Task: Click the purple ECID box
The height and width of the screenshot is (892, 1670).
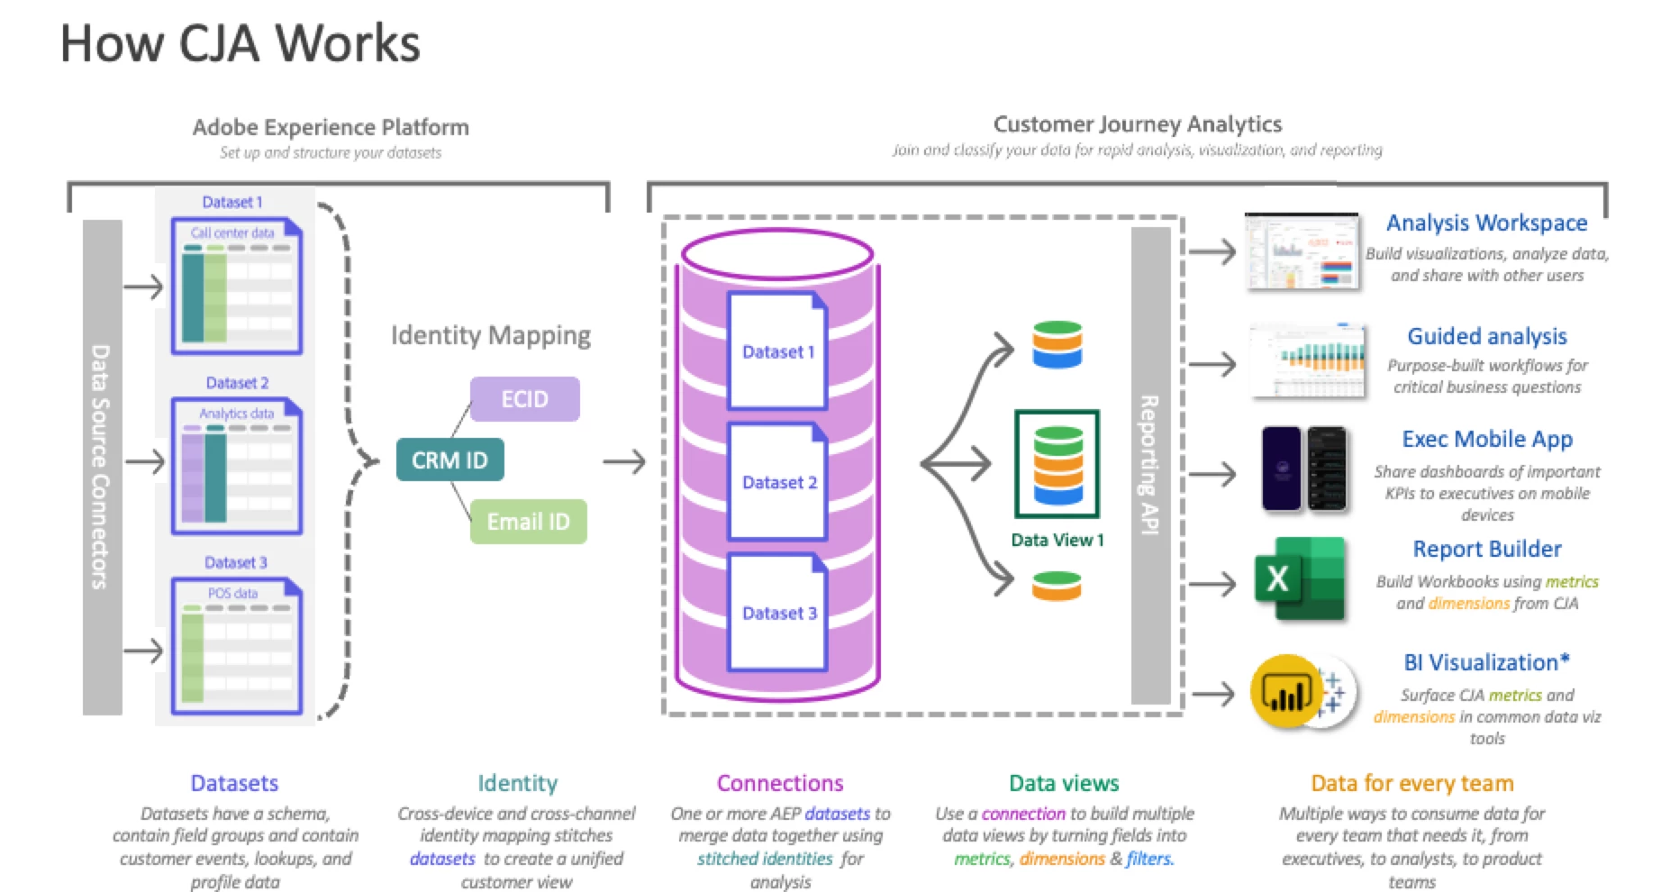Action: coord(524,399)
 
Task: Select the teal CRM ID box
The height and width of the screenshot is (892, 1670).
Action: coord(449,460)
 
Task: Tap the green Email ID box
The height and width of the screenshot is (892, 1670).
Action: coord(528,522)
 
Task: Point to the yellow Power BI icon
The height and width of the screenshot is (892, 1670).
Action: coord(1285,692)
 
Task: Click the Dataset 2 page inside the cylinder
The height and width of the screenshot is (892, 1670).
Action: coord(777,482)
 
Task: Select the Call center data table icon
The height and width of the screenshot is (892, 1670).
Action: coord(236,286)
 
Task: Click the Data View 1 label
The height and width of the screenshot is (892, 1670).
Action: coord(1057,540)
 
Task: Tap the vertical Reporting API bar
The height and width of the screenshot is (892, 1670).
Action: coord(1150,465)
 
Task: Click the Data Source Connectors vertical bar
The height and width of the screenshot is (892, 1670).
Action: coord(102,467)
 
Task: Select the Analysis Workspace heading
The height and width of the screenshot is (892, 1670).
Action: coord(1486,223)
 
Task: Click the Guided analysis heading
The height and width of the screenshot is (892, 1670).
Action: coord(1486,336)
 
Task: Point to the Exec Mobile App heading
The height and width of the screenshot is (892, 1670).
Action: coord(1486,439)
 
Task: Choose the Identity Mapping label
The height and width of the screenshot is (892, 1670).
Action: coord(490,335)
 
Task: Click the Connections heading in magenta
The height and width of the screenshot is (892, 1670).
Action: coord(780,783)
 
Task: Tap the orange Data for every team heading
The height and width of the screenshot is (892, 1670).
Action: coord(1411,783)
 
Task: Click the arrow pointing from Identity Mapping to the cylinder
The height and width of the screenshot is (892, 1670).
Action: coord(624,461)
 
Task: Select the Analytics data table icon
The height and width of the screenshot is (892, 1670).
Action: coord(236,466)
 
